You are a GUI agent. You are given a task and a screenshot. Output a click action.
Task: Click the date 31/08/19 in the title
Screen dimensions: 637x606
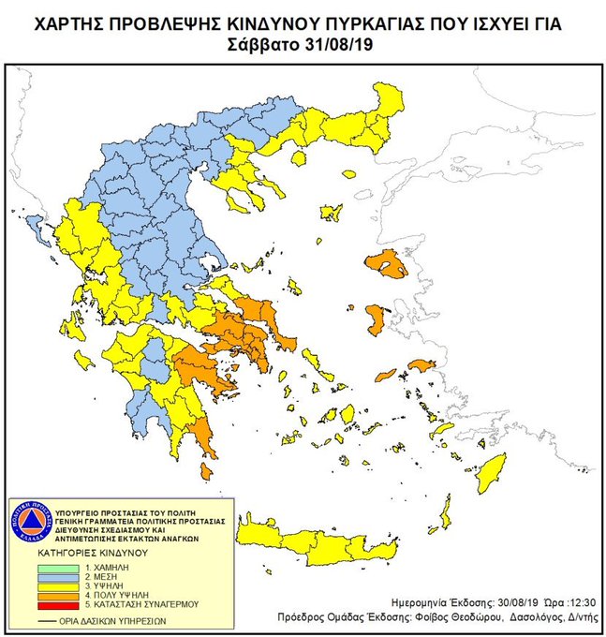[340, 44]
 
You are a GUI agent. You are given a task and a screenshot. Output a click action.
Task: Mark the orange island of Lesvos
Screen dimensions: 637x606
[386, 264]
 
